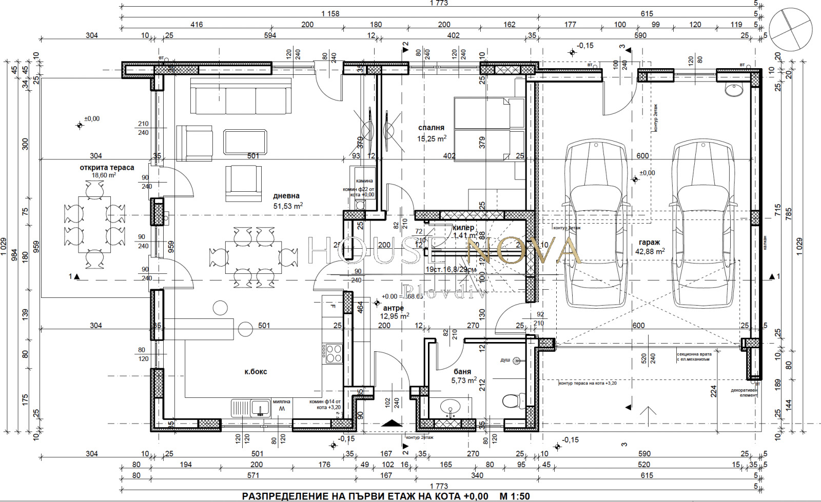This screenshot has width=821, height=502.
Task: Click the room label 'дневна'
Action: point(286,196)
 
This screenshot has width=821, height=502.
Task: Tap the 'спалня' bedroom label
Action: point(431,128)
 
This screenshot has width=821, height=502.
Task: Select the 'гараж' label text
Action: point(649,243)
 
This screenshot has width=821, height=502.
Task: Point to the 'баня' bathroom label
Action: point(462,372)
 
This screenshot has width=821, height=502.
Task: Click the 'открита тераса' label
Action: point(107,168)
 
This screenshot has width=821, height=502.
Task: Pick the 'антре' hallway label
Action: point(394,308)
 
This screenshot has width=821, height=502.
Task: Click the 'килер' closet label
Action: point(463,228)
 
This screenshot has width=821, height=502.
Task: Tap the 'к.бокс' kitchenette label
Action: point(256,372)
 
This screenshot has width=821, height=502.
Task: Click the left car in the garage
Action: point(596,224)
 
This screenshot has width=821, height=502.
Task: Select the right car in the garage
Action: point(703,224)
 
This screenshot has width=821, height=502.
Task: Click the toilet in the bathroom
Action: point(512,399)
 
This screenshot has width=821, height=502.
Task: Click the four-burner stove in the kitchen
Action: point(333,353)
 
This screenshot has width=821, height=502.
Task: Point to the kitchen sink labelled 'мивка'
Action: point(250,408)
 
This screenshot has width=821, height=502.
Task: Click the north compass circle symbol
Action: point(791,30)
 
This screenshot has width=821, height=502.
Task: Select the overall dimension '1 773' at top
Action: point(439,3)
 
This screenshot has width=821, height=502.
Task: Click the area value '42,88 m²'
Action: point(650,251)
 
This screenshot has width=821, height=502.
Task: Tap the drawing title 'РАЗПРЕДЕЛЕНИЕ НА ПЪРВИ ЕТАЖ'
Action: point(365,496)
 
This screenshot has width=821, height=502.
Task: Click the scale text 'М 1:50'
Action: point(514,496)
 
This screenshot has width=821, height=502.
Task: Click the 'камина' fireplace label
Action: point(364,181)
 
